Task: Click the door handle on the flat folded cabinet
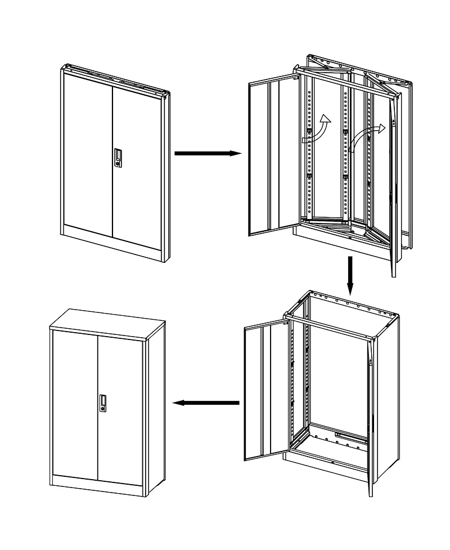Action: [x=118, y=158]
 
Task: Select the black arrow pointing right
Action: [x=208, y=153]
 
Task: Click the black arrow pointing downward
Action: [x=350, y=275]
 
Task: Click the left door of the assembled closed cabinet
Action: [x=75, y=403]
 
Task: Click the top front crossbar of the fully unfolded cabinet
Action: [x=329, y=329]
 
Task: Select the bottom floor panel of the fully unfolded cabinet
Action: [x=332, y=450]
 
